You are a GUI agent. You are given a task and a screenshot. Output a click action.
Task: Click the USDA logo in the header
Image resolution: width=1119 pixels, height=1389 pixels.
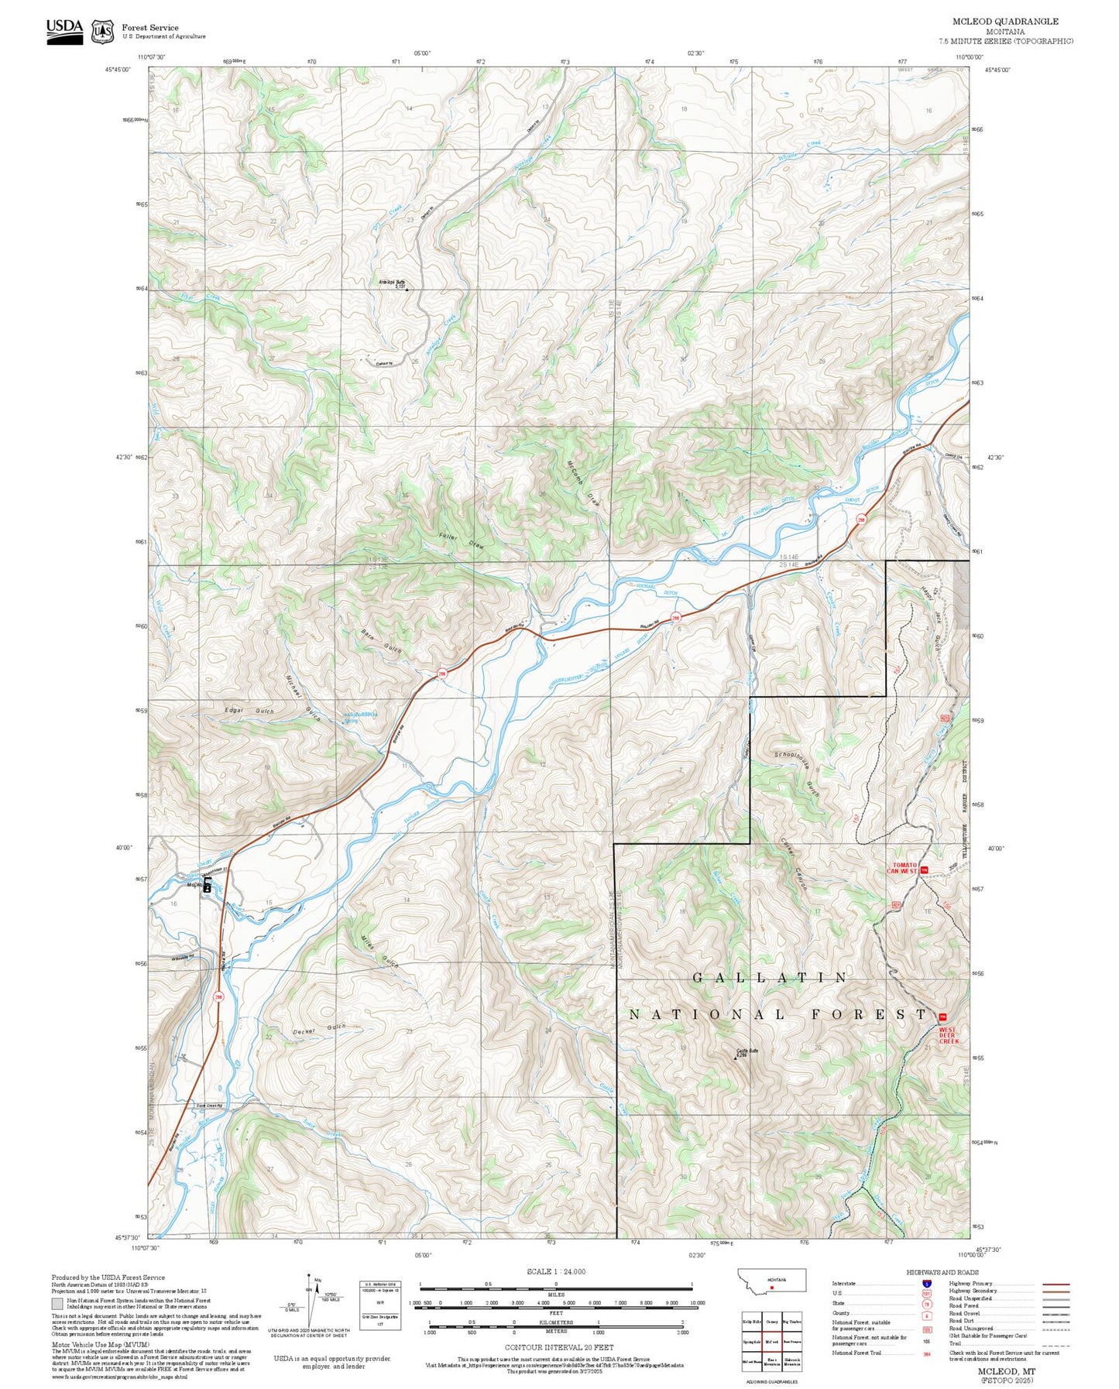64,30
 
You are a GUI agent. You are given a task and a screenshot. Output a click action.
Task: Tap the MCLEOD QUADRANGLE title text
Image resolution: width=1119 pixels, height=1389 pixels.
1005,22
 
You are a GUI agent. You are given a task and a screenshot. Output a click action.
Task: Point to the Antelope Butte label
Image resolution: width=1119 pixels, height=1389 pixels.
392,283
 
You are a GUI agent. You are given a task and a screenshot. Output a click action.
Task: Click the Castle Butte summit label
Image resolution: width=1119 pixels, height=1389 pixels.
746,1052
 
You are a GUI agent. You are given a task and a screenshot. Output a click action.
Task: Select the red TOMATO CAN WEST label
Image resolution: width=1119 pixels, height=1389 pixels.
904,868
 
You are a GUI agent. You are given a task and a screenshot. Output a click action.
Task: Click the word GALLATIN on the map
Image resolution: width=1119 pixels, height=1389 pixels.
770,978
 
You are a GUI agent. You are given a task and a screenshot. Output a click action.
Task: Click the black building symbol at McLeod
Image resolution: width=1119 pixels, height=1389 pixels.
208,887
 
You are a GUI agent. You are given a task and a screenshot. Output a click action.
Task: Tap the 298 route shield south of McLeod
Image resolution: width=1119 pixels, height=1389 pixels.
218,996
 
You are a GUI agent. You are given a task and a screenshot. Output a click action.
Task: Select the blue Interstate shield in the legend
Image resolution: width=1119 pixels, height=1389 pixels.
926,1284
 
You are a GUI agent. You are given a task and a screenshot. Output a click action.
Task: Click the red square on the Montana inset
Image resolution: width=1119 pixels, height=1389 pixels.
772,1288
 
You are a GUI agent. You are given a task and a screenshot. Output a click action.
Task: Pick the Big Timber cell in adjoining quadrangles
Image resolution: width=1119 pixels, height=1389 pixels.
791,1322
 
